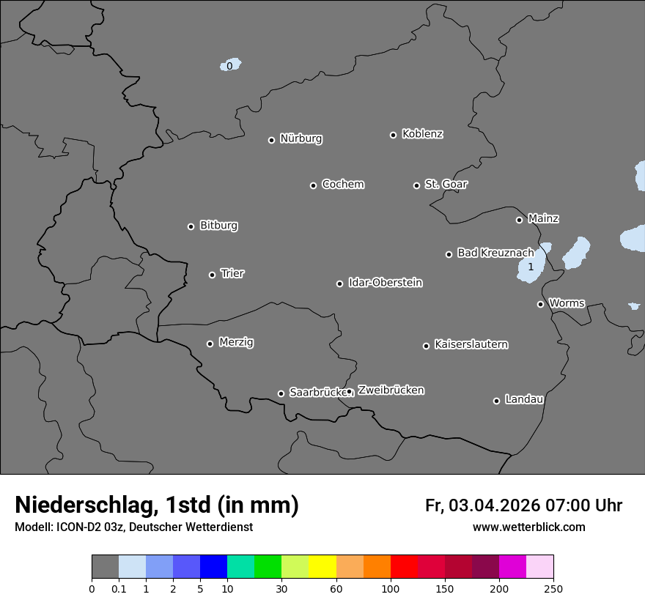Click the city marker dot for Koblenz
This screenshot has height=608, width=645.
394,135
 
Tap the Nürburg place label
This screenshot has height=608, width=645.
301,138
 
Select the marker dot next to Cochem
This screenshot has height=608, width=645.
313,185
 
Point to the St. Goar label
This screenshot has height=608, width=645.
446,184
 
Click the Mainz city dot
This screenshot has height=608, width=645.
519,220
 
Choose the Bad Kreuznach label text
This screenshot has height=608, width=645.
495,253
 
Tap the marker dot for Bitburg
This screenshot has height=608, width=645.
191,226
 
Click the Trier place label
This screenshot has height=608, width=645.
232,273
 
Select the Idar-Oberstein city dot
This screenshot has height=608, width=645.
340,283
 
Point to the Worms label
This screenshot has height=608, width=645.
567,303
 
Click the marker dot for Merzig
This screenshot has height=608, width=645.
210,344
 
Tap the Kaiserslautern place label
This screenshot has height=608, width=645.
471,344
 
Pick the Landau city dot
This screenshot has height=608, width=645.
496,401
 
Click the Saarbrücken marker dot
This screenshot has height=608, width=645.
281,393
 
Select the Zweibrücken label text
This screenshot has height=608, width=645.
391,390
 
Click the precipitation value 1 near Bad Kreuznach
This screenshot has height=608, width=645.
531,267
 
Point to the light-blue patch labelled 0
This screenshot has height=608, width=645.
231,65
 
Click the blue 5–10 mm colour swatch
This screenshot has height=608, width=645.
213,567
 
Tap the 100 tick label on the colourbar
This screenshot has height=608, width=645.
391,588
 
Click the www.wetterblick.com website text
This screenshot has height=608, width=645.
528,527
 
